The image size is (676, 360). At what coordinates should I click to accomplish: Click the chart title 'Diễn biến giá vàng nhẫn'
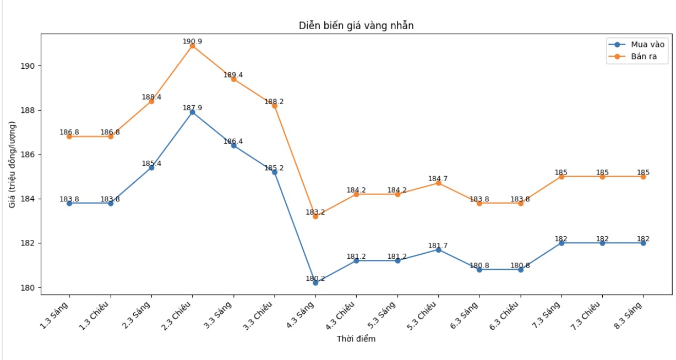coord(356,25)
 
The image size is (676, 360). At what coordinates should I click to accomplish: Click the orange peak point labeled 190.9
coord(192,46)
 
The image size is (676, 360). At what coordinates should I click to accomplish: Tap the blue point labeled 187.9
coord(192,112)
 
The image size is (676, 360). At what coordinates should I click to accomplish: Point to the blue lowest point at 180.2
coord(315,283)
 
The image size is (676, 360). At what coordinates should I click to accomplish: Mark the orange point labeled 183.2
coord(315,216)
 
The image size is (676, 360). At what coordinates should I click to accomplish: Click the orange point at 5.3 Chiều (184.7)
coord(438,183)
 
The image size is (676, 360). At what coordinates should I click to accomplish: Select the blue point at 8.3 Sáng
coord(643,243)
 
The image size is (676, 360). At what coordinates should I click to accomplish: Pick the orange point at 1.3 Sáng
coord(69,137)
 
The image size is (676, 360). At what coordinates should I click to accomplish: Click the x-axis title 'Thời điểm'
coord(356,339)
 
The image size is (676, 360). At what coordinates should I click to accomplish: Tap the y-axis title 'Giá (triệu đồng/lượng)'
coord(12,164)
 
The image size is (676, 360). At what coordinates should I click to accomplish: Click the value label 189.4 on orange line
coord(233,75)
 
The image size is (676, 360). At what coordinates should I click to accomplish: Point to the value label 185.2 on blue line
coord(274,168)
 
